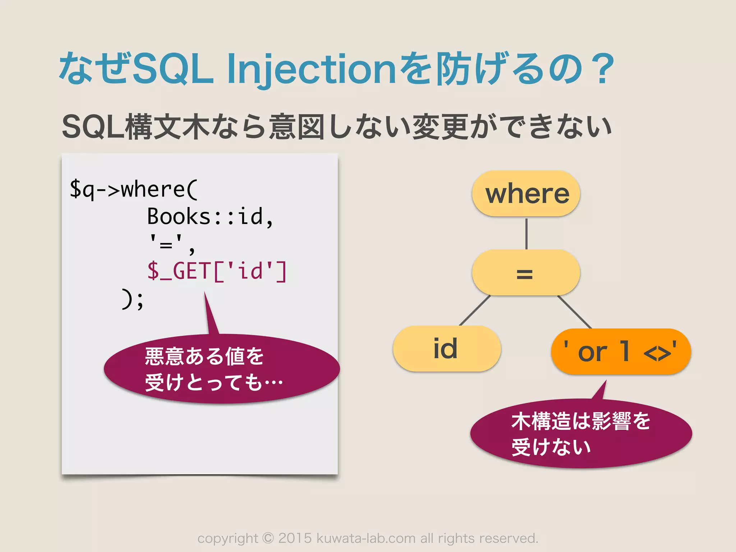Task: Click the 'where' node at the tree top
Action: (526, 194)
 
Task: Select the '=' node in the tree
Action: (525, 273)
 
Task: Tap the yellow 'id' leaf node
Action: (446, 349)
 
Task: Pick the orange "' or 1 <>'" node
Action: (621, 351)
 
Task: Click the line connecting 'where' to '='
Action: (526, 234)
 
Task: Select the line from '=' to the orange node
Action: (574, 312)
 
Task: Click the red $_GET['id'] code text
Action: (217, 271)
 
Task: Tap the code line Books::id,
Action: (210, 216)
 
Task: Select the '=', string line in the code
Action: (172, 244)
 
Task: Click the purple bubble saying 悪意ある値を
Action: (221, 369)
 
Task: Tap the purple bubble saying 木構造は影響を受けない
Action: (581, 434)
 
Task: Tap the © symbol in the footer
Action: (268, 538)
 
